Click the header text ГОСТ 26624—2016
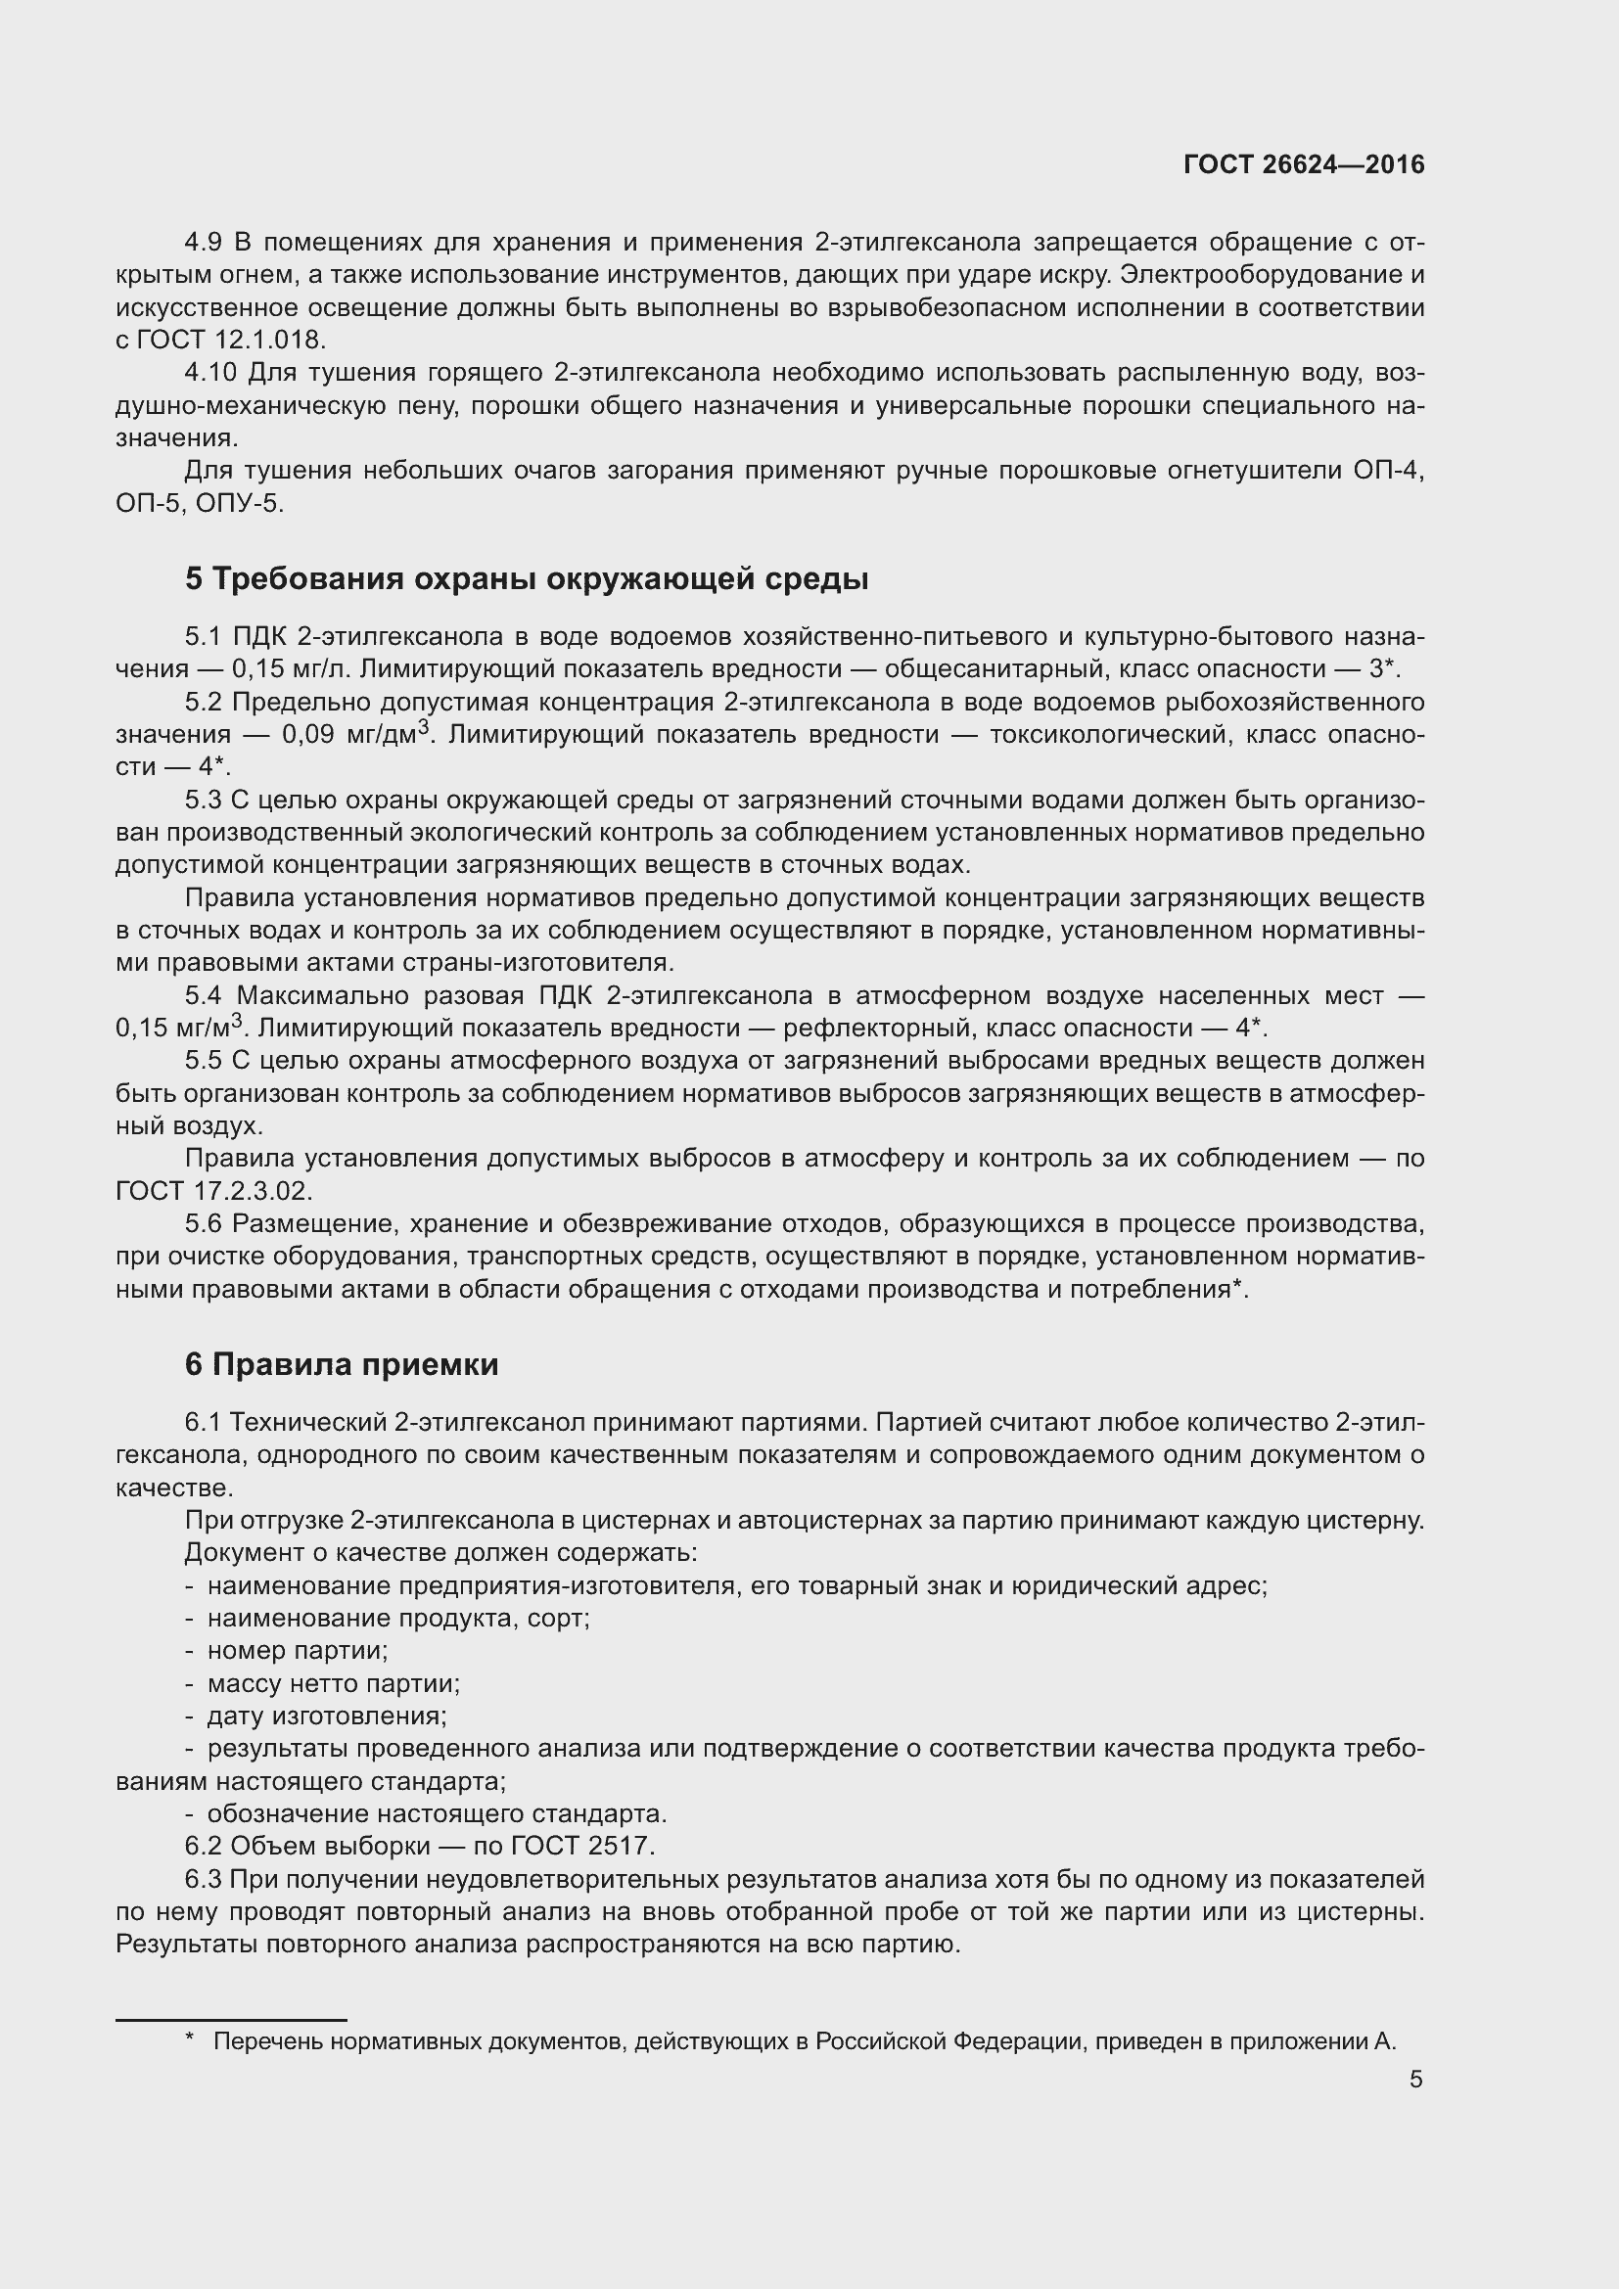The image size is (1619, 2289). [x=1303, y=164]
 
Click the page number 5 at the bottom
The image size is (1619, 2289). [x=1415, y=2080]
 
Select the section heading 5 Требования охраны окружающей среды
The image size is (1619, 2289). [x=527, y=579]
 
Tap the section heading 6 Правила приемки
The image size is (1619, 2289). [x=341, y=1365]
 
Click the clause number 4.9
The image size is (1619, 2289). [x=206, y=243]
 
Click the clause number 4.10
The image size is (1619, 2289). [x=210, y=373]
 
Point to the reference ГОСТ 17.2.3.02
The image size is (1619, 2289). [x=213, y=1190]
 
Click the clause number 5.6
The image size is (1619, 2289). [x=205, y=1223]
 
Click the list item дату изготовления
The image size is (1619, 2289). [x=326, y=1716]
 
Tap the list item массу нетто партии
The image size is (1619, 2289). [x=333, y=1683]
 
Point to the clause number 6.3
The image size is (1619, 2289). [x=204, y=1879]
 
